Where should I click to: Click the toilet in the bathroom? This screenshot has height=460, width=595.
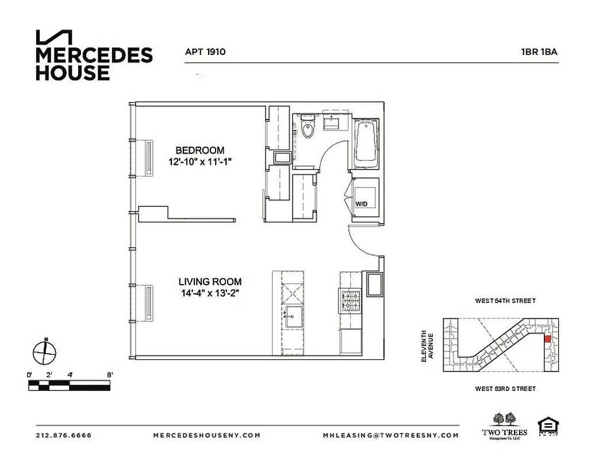[308, 128]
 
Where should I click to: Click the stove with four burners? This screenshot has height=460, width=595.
[350, 301]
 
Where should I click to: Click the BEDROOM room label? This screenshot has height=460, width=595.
[196, 151]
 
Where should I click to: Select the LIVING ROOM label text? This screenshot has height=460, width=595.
[209, 282]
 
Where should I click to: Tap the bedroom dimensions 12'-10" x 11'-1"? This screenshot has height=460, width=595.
[196, 163]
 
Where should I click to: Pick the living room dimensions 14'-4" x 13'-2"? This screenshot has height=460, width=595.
[209, 294]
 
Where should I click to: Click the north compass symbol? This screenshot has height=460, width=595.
[44, 351]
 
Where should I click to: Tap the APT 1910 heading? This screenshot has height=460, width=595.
[205, 52]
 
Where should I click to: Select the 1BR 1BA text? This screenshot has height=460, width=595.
[539, 52]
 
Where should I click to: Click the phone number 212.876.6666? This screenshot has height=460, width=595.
[64, 435]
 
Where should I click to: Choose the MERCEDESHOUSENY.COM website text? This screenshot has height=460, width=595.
[207, 435]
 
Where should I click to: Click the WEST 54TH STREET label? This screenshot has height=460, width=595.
[505, 301]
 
